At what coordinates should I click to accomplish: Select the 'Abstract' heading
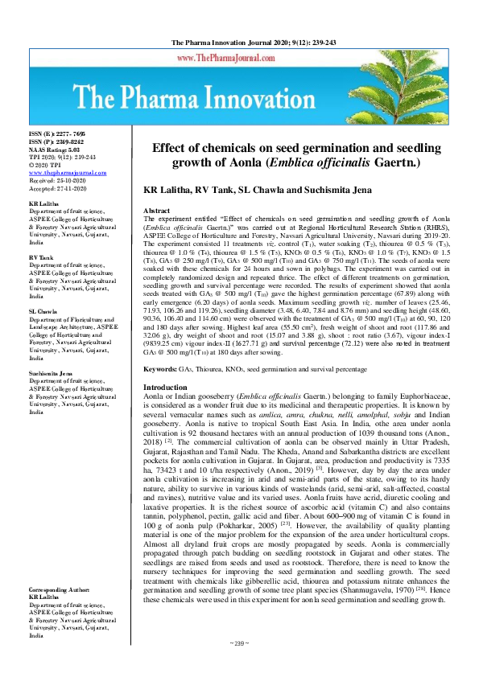(156, 209)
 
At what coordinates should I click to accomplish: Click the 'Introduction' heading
(164, 388)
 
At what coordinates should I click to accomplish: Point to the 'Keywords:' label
(160, 368)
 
